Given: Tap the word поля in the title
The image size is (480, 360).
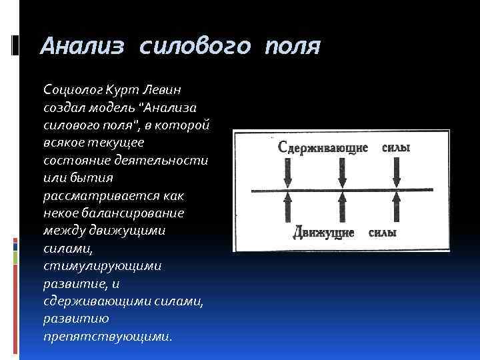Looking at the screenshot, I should pyautogui.click(x=292, y=47).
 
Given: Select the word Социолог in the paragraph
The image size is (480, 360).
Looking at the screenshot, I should pyautogui.click(x=71, y=89).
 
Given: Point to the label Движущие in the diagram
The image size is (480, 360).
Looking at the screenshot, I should pyautogui.click(x=325, y=234).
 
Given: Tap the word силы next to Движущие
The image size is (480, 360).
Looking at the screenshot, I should pyautogui.click(x=383, y=234).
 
